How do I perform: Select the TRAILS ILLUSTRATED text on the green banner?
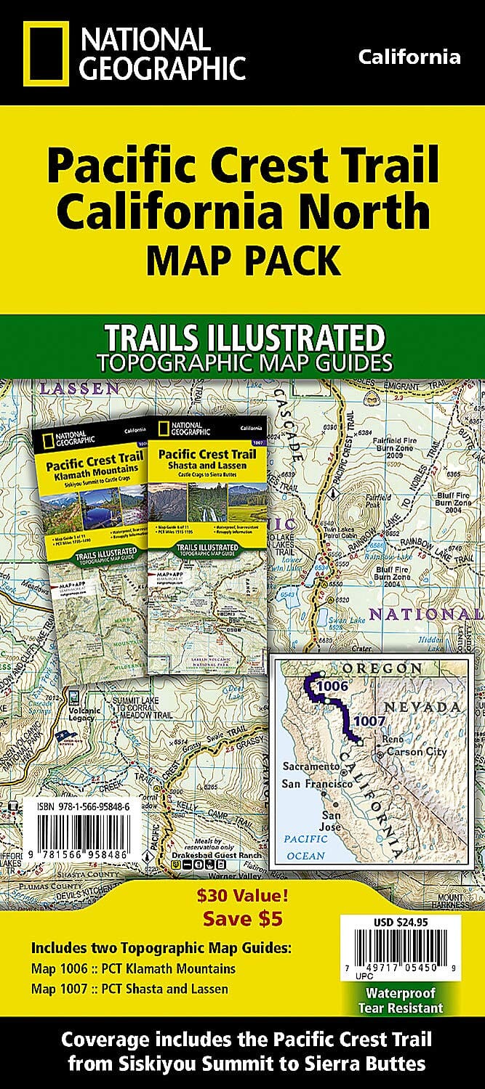(244, 338)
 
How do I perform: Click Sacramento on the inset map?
(310, 766)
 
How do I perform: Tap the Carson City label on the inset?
(416, 752)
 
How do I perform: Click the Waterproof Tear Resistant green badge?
(400, 1002)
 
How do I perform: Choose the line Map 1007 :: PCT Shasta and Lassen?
(129, 988)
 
